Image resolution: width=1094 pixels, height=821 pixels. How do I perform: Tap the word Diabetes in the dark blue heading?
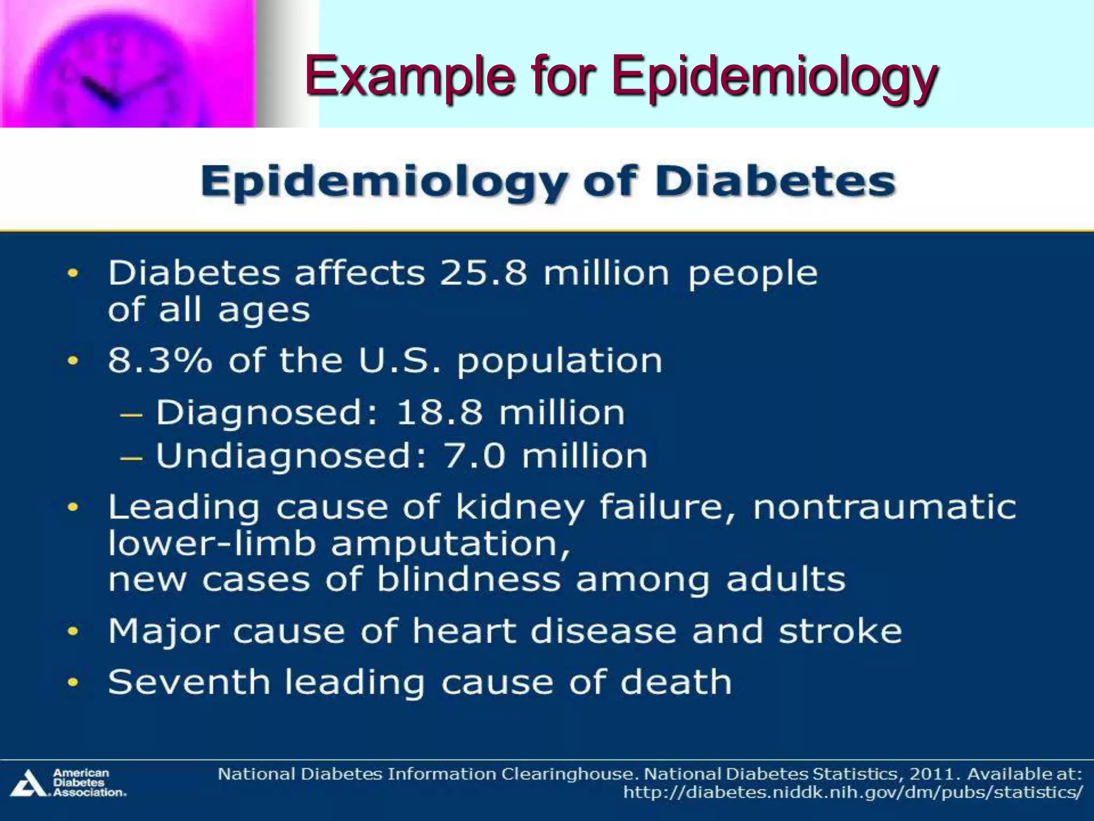point(775,182)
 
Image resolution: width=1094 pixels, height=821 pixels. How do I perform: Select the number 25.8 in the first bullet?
point(483,274)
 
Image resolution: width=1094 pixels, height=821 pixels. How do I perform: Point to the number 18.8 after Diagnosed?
point(439,413)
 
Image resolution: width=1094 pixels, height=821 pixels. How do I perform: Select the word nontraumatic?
point(884,507)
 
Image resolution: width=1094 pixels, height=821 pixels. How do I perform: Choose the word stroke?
point(840,631)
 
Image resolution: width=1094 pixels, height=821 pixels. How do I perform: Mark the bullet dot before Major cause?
point(73,632)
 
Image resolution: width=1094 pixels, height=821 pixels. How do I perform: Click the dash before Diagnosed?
point(131,415)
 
